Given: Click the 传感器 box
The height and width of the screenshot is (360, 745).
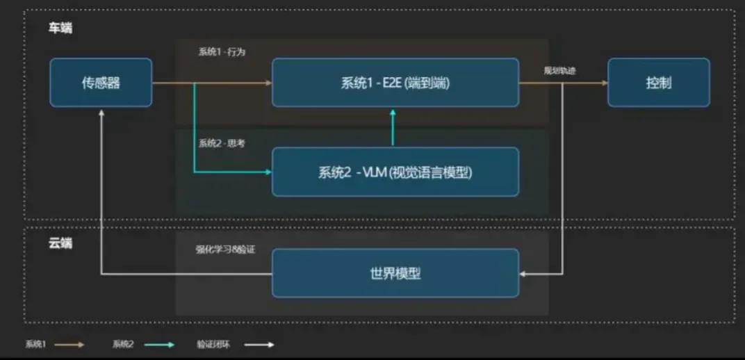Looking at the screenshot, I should [101, 83].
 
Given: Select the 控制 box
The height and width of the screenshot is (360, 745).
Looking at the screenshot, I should [658, 83].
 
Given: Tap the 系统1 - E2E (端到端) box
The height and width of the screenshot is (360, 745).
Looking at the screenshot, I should [395, 83].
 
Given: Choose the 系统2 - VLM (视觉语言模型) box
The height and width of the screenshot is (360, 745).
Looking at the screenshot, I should [395, 172].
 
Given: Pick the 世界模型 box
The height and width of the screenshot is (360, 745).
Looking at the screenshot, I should [395, 273].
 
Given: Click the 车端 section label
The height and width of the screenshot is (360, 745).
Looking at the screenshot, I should [60, 28].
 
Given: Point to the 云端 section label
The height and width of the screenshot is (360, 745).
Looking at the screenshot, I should [60, 244].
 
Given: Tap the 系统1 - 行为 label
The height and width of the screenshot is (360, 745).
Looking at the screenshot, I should [221, 52].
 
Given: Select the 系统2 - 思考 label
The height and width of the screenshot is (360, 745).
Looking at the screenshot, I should [221, 143].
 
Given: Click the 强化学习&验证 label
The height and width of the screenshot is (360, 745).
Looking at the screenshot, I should [225, 249].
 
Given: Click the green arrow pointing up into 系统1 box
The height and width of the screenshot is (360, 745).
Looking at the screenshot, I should [393, 113].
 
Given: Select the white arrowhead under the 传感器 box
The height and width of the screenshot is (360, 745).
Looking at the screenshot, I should [101, 112].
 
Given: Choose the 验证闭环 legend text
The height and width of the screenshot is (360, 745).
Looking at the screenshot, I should [213, 344].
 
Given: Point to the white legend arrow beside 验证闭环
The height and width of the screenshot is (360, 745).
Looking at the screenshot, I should [260, 344].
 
